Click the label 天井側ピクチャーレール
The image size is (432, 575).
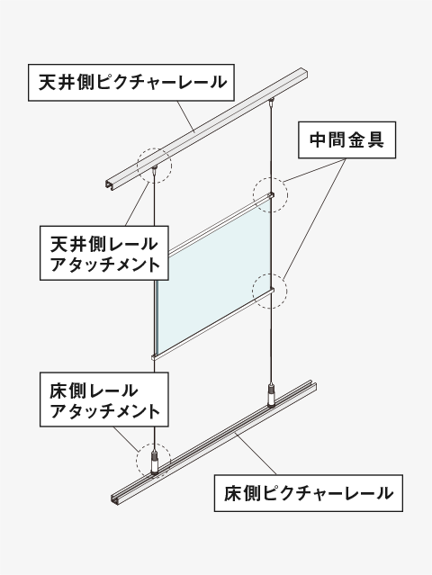coord(131,83)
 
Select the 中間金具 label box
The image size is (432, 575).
coord(346,140)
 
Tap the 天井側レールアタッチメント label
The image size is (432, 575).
coord(104,253)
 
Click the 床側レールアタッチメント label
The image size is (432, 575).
coord(104,400)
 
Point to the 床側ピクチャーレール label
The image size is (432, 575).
coord(309,493)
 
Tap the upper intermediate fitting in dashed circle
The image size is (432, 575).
coord(271,194)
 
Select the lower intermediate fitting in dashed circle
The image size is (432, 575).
coord(271,292)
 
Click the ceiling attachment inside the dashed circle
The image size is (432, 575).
coord(155,169)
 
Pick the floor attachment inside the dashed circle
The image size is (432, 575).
coord(155,464)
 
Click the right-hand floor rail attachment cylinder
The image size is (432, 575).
coord(271,396)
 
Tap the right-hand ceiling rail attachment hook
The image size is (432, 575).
coord(272,101)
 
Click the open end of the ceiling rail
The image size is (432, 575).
coord(111,185)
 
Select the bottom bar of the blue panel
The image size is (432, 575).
coord(213,323)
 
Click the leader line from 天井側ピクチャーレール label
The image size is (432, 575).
coord(186,117)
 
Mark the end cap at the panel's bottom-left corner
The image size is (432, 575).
coord(154,357)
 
